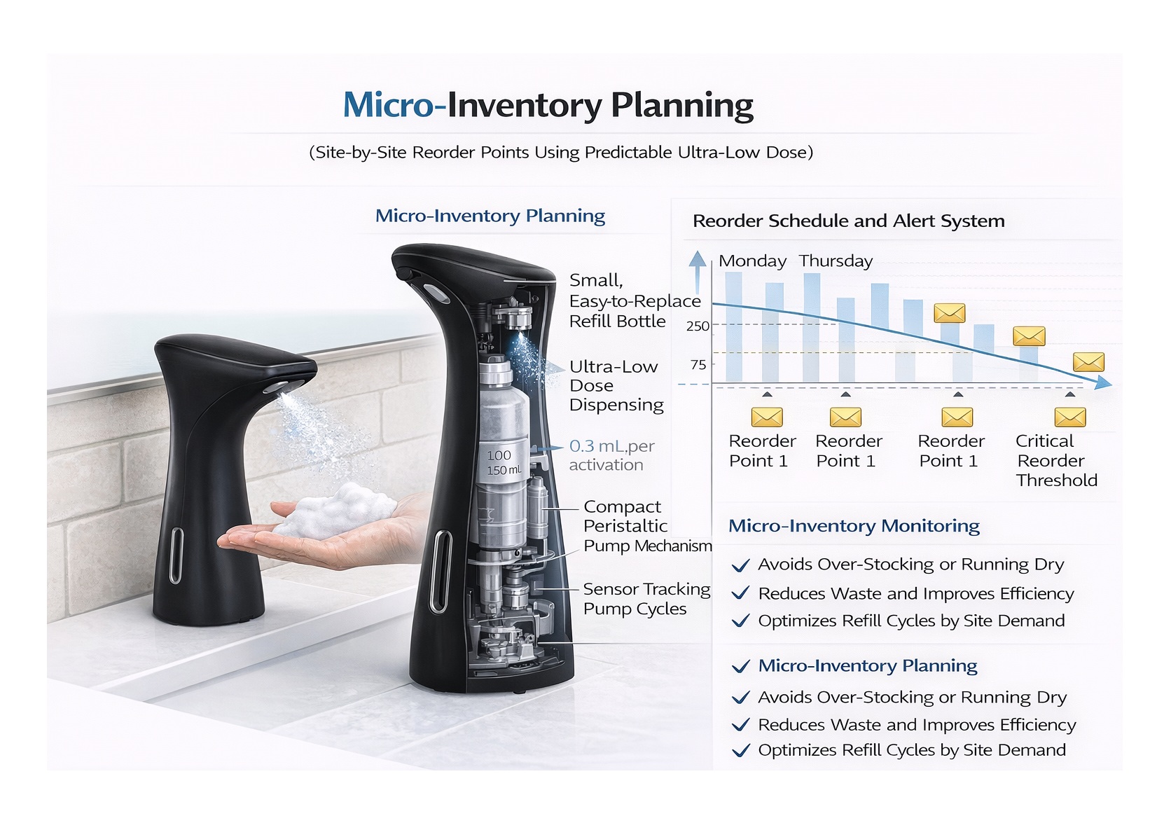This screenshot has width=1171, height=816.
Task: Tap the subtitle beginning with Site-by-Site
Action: pyautogui.click(x=560, y=153)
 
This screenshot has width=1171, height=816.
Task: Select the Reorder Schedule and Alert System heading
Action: pyautogui.click(x=848, y=221)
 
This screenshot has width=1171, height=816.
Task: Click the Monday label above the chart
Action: pyautogui.click(x=752, y=261)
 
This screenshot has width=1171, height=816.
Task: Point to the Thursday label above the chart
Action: pyautogui.click(x=836, y=261)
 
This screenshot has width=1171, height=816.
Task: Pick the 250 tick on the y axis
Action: pyautogui.click(x=698, y=326)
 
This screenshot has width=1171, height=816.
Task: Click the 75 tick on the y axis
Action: pyautogui.click(x=698, y=364)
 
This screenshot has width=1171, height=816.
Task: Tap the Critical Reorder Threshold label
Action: pyautogui.click(x=1055, y=460)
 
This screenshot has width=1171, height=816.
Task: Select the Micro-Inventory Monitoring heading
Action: pyautogui.click(x=854, y=526)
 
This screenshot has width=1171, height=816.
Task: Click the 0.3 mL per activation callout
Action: pyautogui.click(x=611, y=455)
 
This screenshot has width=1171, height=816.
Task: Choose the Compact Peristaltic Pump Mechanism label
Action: pyautogui.click(x=646, y=526)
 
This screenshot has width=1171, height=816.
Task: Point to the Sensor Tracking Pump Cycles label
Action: pyautogui.click(x=646, y=599)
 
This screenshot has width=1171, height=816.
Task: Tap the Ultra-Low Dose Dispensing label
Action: pyautogui.click(x=616, y=386)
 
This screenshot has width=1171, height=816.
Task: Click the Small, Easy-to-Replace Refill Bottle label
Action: pyautogui.click(x=634, y=301)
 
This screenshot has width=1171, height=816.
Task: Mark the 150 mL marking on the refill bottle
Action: pyautogui.click(x=504, y=470)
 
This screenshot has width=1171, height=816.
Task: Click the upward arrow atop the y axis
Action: pyautogui.click(x=697, y=261)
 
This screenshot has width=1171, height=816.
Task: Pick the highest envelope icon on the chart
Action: pyautogui.click(x=949, y=313)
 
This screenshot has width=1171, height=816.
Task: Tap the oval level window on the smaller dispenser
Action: pyautogui.click(x=175, y=555)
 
